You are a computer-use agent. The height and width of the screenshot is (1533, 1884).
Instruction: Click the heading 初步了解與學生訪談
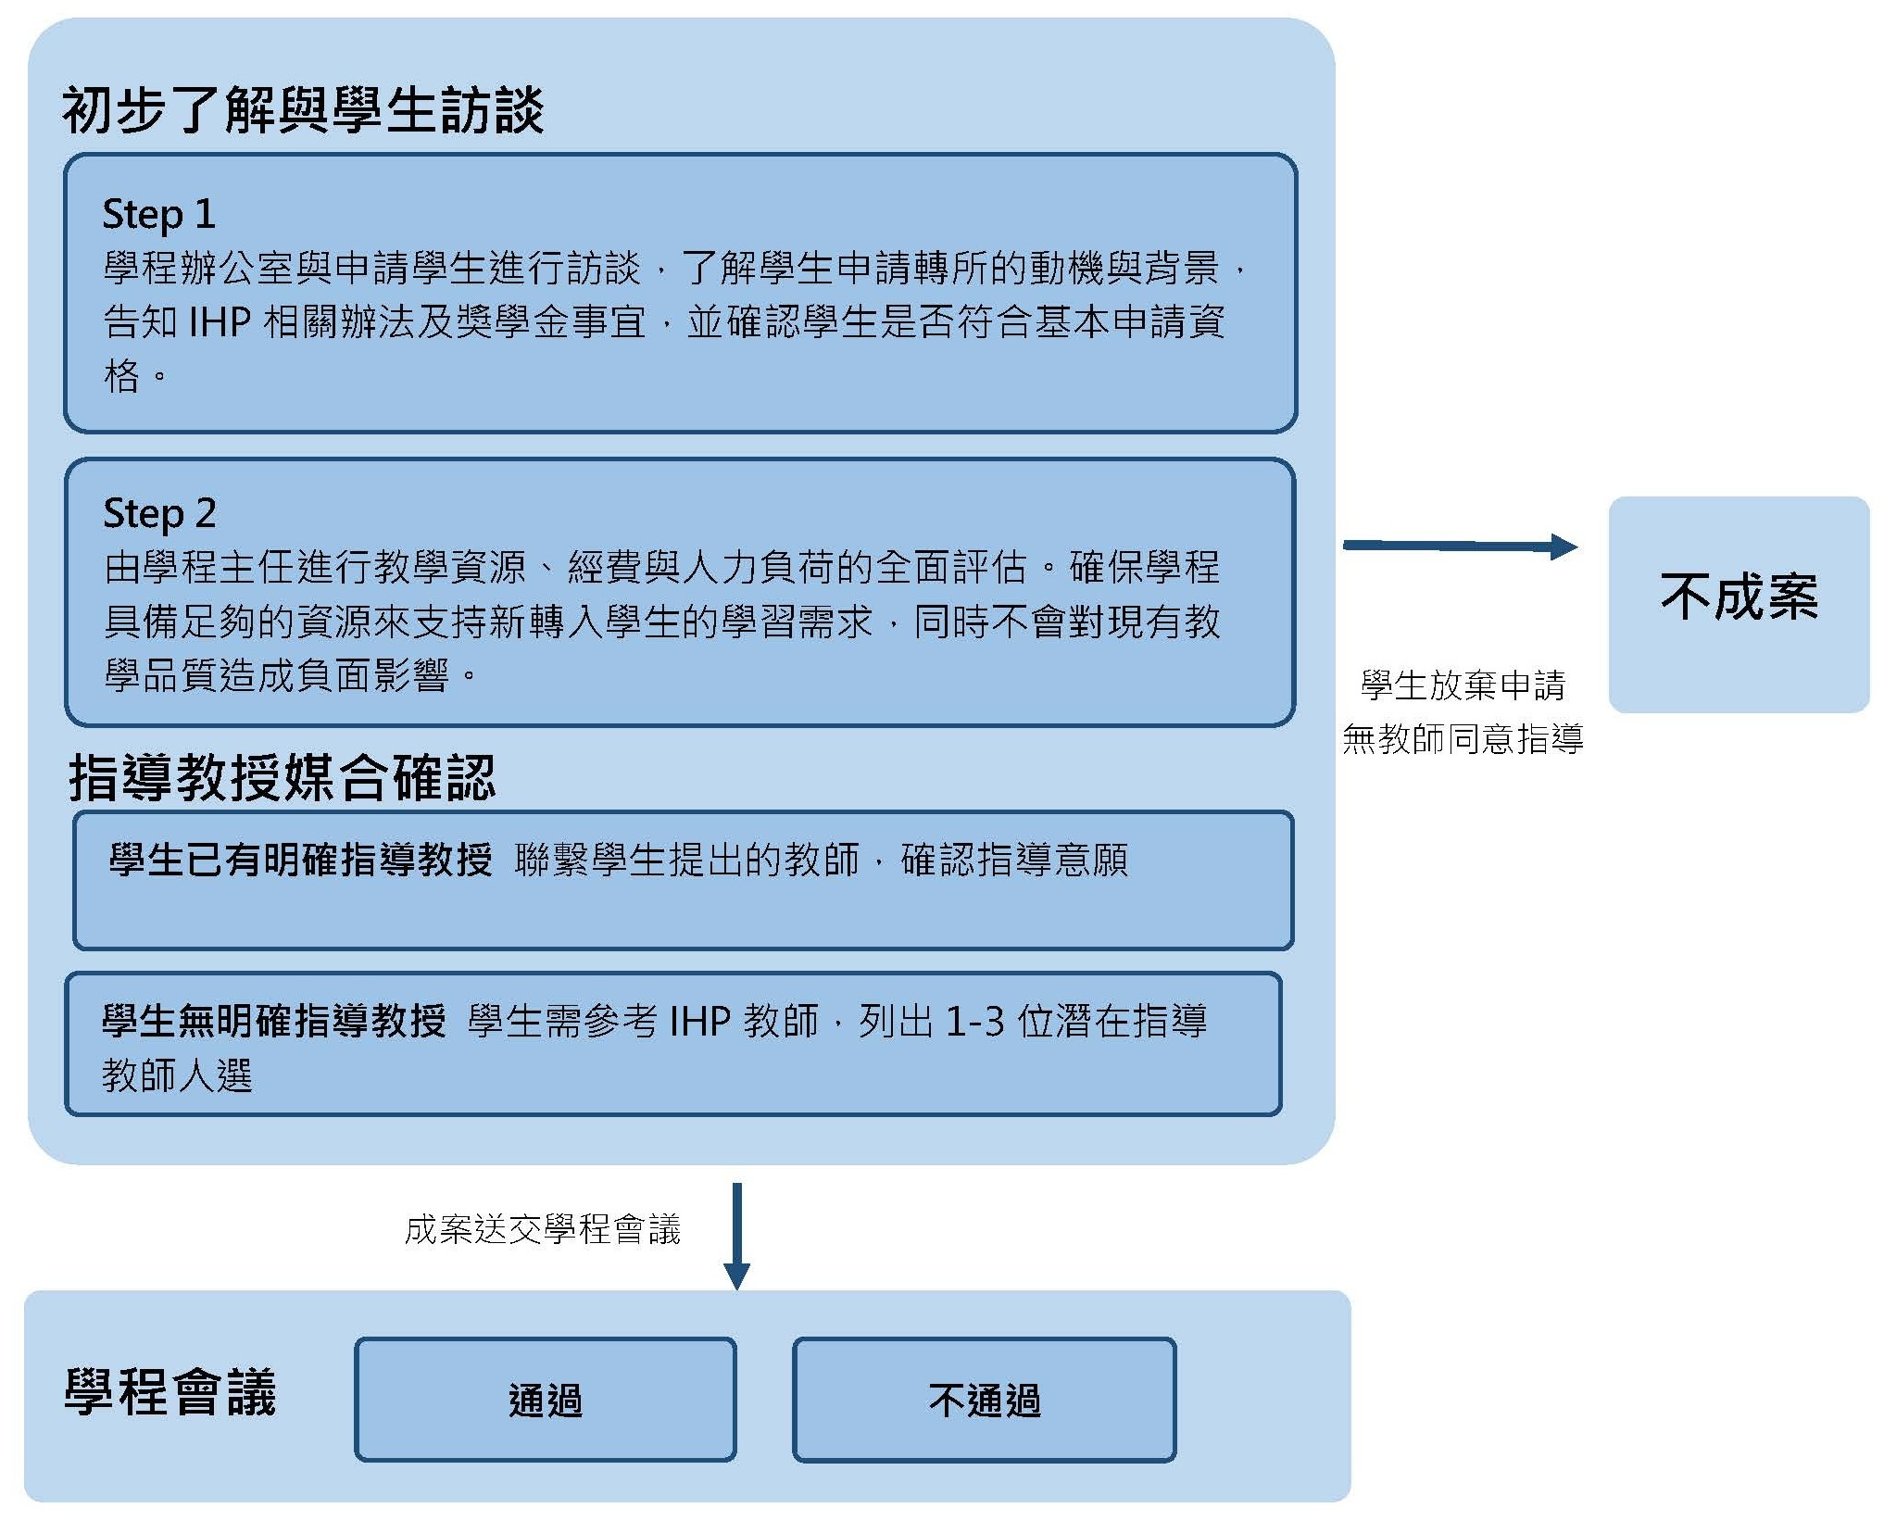pos(303,110)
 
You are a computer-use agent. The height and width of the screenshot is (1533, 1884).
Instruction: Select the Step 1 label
pos(158,214)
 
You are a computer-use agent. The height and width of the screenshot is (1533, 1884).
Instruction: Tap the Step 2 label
pos(159,513)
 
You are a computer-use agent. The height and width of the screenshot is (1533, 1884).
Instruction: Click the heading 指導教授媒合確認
pos(283,777)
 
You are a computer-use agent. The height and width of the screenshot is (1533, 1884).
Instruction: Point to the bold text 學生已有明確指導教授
pos(301,860)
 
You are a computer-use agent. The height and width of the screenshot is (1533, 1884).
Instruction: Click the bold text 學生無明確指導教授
pos(274,1021)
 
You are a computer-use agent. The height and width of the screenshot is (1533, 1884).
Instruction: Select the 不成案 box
pos(1739,604)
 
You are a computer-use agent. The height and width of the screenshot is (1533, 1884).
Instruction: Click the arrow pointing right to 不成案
pos(1460,547)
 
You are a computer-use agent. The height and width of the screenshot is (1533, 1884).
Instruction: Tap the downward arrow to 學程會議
pos(736,1236)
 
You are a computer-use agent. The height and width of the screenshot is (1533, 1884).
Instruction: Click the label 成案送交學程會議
pos(543,1230)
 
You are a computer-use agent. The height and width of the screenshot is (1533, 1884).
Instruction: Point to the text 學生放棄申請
pos(1463,685)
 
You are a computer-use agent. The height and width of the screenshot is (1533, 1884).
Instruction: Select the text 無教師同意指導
pos(1463,739)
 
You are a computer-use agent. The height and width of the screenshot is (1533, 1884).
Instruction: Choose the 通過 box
pos(546,1400)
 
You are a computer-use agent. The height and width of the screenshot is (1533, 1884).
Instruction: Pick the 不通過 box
pos(985,1400)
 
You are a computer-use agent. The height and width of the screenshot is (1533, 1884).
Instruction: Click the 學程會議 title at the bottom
pos(170,1392)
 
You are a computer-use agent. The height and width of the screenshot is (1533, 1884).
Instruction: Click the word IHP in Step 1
pos(220,322)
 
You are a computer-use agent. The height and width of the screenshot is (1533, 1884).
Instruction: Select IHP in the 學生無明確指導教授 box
pos(700,1022)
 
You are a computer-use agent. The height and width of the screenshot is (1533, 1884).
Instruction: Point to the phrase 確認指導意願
pos(1014,860)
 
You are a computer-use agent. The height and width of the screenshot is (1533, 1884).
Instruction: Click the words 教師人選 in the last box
pos(177,1075)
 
